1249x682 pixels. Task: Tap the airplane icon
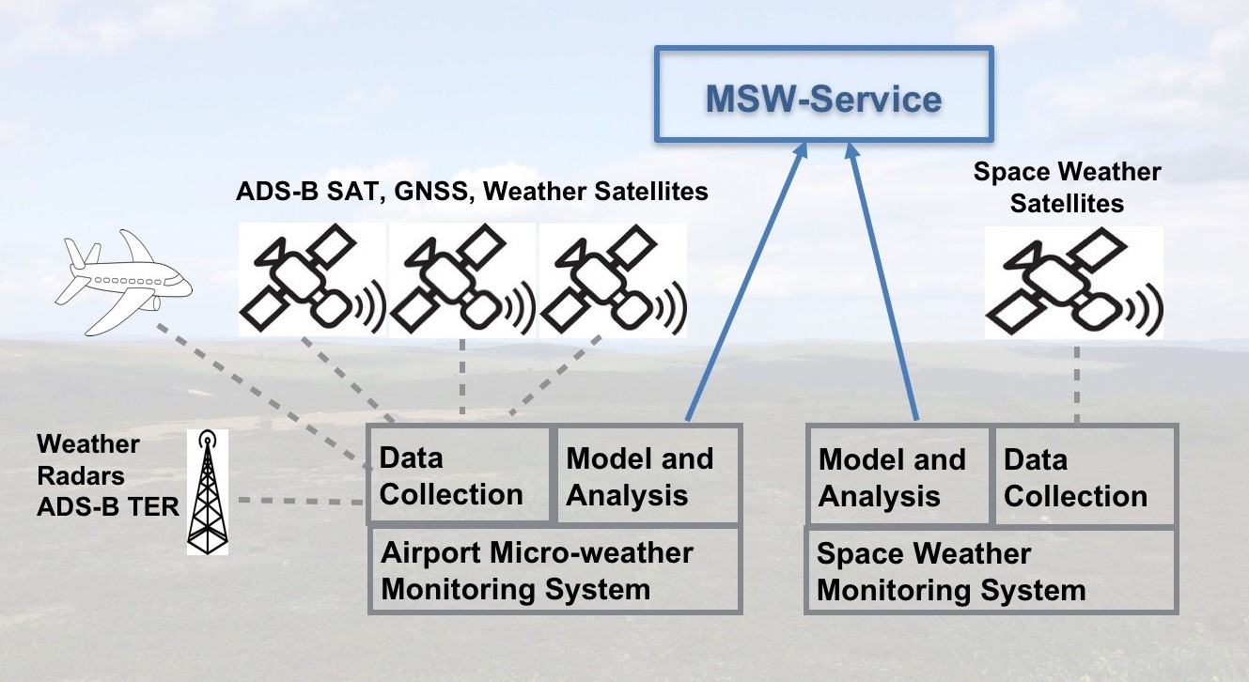124,283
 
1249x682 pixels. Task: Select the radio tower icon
208,492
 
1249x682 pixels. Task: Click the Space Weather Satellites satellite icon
1074,282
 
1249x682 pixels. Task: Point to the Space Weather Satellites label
1067,187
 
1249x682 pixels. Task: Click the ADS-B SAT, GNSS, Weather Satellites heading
472,191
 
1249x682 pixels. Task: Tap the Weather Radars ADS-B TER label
108,475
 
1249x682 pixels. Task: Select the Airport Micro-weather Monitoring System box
554,570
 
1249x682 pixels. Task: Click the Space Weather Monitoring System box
991,570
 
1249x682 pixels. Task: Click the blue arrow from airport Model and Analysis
746,282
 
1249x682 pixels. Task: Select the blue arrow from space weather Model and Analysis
882,282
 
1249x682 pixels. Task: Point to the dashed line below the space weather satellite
1077,384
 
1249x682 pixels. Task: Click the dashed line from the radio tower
302,501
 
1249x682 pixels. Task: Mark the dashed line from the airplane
264,396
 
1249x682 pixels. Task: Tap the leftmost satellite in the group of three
312,280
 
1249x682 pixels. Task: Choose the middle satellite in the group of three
462,280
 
